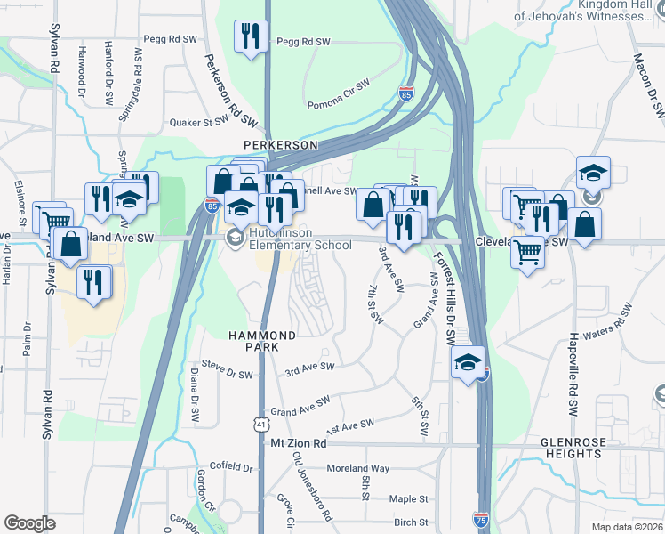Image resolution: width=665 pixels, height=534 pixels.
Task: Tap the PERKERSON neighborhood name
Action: coord(282,144)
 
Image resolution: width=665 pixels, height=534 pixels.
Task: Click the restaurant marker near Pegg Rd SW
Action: coord(250,36)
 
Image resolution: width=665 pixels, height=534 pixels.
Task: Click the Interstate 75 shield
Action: coord(480,518)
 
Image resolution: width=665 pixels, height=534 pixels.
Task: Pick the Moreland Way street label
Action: coord(356,468)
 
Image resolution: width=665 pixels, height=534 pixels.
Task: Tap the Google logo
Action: coord(29,523)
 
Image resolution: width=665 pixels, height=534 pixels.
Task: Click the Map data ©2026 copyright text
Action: coord(626,527)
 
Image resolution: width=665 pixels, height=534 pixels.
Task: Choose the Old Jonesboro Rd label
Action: coord(314,486)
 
